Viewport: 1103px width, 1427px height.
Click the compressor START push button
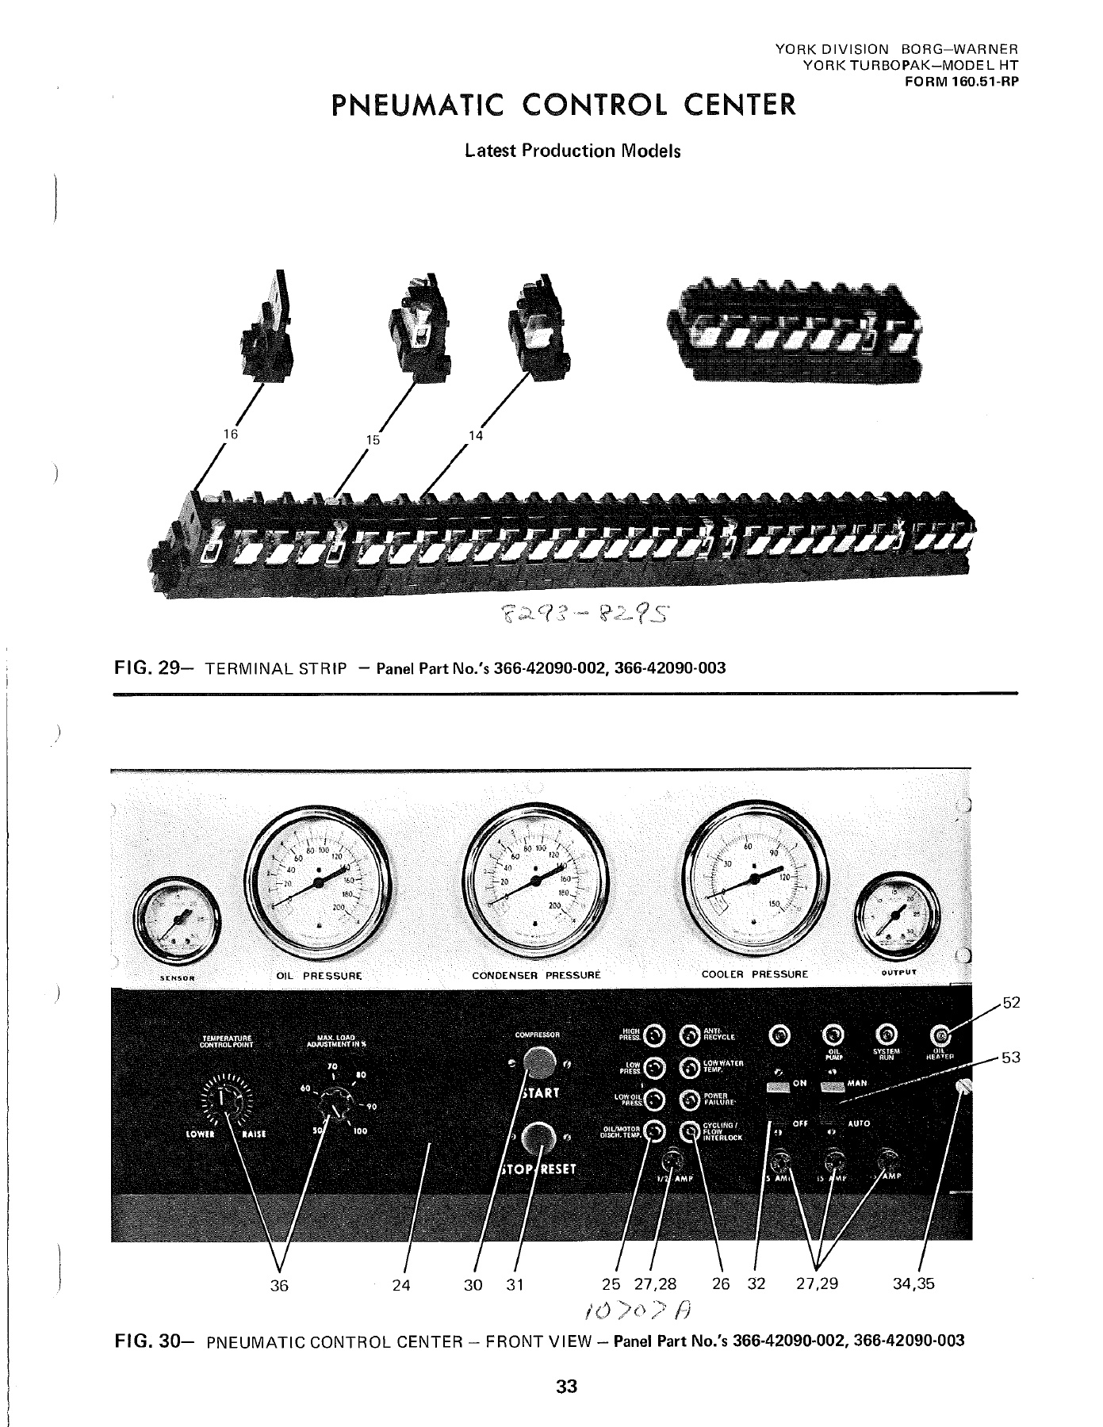pos(539,1062)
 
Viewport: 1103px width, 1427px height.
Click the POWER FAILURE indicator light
pos(691,1100)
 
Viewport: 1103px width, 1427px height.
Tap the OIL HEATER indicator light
pos(941,1035)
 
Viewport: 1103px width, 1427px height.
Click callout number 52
pos(1010,1004)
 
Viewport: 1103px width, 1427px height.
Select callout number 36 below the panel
pos(278,1285)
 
